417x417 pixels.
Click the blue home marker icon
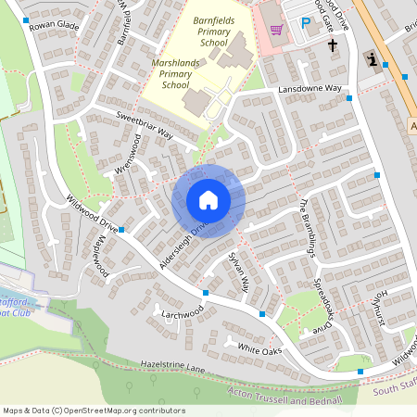208,199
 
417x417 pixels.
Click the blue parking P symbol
305,24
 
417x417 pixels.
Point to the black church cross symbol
331,44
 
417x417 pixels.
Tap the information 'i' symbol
372,60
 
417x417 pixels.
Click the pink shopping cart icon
276,30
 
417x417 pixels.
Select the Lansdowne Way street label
310,89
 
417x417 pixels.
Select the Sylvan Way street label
239,273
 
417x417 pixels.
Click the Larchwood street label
182,313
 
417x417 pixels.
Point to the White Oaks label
259,349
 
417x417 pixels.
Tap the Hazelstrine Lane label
171,368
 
